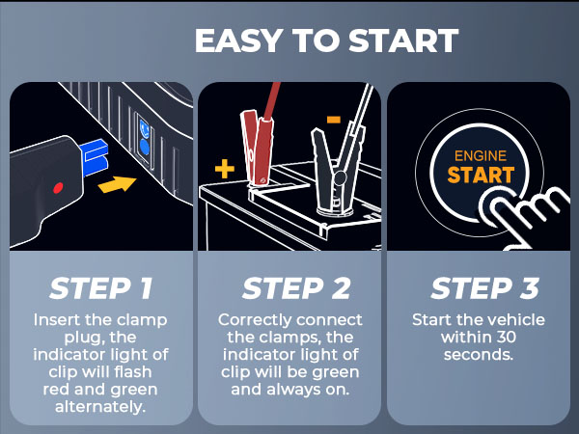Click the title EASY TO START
point(325,41)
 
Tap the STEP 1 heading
point(100,288)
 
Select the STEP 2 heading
point(289,288)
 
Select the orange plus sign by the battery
point(224,170)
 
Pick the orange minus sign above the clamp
point(333,120)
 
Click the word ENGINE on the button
point(479,155)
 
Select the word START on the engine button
point(479,176)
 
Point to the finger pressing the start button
point(526,207)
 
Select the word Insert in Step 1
point(55,320)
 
